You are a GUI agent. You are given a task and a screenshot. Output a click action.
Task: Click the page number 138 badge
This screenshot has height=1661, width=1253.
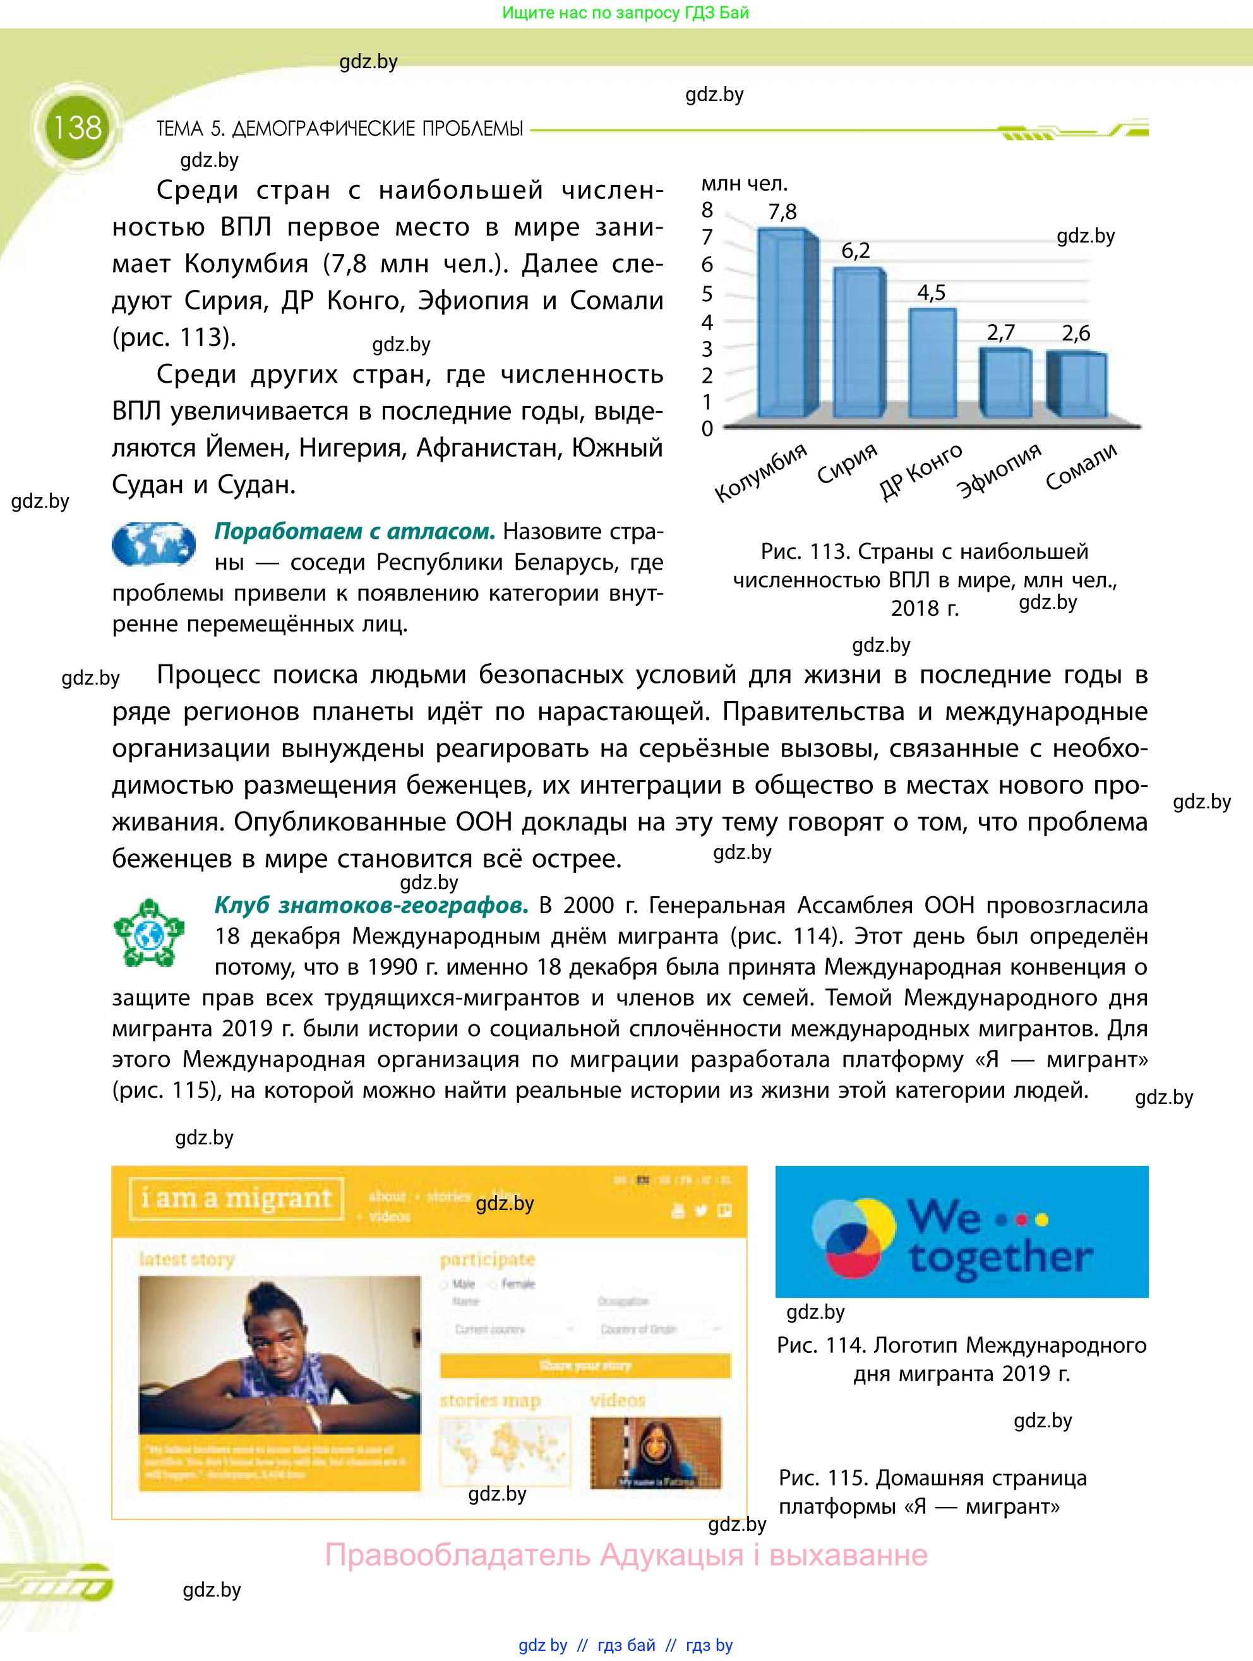point(76,128)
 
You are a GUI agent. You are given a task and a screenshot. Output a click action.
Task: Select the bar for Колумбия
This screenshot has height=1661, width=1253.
point(784,323)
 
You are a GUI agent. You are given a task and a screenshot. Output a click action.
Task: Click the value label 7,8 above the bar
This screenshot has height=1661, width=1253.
point(782,212)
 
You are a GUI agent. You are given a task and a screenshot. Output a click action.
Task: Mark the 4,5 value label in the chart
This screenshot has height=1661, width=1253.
point(931,292)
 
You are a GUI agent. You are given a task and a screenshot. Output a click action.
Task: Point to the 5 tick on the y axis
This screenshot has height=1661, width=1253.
point(707,294)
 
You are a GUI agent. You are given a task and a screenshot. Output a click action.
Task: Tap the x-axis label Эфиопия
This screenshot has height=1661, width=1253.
point(998,470)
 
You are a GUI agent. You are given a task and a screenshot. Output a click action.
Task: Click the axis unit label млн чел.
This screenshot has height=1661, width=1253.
point(744,183)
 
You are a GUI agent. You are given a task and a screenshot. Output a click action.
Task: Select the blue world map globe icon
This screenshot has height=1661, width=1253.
point(153,544)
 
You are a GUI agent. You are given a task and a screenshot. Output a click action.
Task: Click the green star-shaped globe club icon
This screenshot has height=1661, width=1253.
point(148,933)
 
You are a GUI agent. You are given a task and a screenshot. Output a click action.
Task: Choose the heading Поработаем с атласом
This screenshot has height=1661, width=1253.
point(354,531)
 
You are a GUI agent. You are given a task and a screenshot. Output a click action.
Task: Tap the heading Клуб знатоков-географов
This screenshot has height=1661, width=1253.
point(371,905)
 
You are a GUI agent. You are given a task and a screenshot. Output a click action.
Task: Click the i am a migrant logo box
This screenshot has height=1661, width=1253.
point(236,1199)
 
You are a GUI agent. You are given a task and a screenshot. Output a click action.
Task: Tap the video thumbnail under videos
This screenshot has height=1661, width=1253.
point(655,1452)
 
